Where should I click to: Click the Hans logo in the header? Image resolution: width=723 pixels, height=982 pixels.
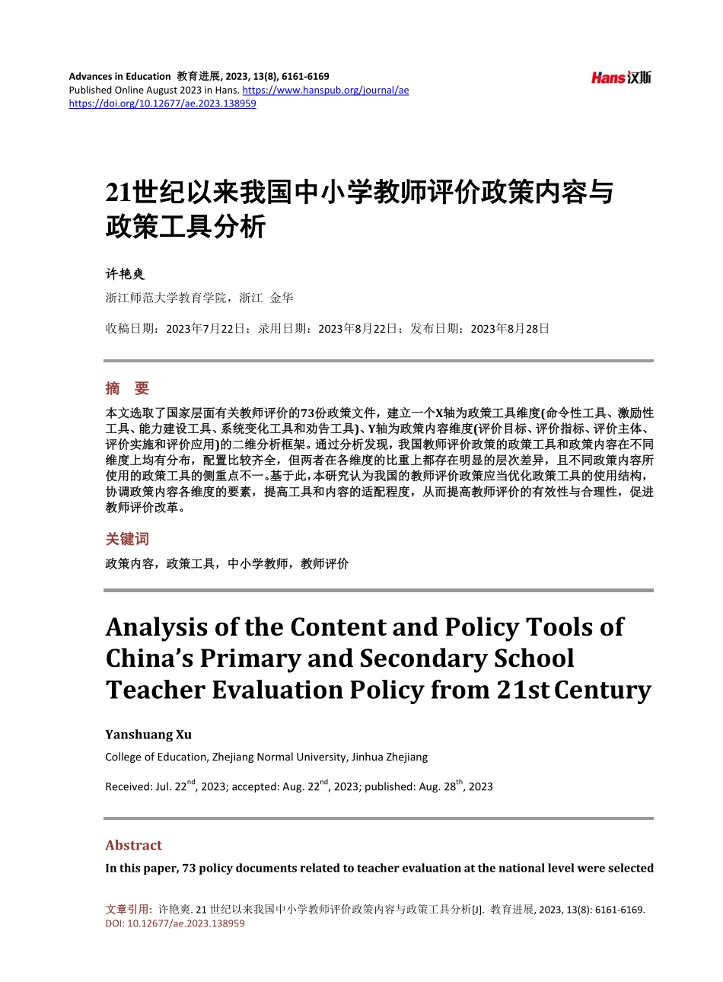pos(621,78)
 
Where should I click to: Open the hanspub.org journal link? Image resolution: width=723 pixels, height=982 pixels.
pos(325,90)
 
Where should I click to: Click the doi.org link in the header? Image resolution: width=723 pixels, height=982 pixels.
pos(162,104)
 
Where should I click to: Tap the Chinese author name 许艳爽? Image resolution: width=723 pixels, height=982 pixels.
pos(125,274)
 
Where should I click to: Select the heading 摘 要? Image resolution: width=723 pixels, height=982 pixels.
pos(127,388)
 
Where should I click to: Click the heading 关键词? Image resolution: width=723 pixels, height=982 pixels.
pos(127,539)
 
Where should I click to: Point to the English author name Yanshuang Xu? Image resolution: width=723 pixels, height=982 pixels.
pos(148,735)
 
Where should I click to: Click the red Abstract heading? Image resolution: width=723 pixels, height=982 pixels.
pos(133,845)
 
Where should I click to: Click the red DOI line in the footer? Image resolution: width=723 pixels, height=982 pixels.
pos(175,923)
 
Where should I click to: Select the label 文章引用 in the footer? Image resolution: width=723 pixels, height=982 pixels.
pos(127,909)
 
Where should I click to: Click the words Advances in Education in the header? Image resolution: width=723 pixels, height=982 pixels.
pos(119,76)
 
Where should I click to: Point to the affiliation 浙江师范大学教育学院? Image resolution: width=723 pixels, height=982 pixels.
pos(166,298)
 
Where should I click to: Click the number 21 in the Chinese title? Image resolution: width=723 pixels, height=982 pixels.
pos(119,193)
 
